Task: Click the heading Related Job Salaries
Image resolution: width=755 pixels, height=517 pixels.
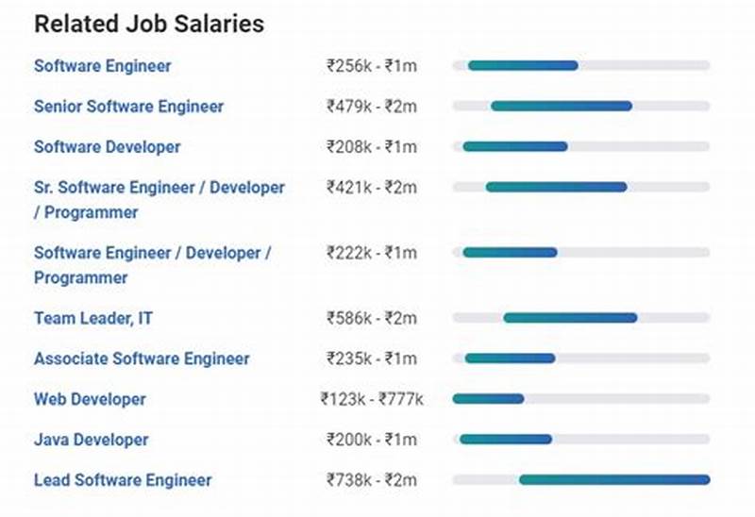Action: tap(149, 25)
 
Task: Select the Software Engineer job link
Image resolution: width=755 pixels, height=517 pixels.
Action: tap(103, 66)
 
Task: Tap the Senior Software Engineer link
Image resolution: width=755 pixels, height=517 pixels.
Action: tap(129, 107)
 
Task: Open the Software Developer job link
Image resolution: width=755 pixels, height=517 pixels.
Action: tap(108, 147)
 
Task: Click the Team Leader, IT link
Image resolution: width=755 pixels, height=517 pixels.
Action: tap(93, 319)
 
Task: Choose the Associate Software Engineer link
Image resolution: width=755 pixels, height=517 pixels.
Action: tap(142, 359)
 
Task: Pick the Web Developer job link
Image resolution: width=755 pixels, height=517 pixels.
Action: tap(90, 399)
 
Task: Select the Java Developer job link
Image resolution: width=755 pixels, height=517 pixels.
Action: tap(92, 440)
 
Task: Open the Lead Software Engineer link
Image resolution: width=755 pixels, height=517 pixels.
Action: tap(123, 480)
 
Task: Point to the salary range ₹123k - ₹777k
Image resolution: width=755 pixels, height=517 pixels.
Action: tap(372, 400)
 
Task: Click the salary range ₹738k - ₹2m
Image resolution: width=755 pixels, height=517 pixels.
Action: tap(371, 480)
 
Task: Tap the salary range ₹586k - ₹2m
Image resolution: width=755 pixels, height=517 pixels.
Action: tap(371, 319)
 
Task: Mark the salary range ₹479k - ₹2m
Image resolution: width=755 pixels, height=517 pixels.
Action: tap(371, 107)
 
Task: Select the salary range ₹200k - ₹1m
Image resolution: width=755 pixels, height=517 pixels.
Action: tap(371, 440)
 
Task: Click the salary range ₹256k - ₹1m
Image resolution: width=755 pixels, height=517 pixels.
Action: tap(371, 66)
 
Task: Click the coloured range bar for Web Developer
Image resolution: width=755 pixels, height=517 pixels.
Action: tap(488, 399)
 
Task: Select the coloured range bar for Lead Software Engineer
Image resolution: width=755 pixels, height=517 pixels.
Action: tap(613, 480)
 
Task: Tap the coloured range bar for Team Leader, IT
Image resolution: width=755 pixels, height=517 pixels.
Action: tap(570, 319)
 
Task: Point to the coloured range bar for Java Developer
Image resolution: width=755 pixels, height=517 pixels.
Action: tap(506, 440)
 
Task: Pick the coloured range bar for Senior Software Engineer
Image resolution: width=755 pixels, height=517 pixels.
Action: tap(562, 107)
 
